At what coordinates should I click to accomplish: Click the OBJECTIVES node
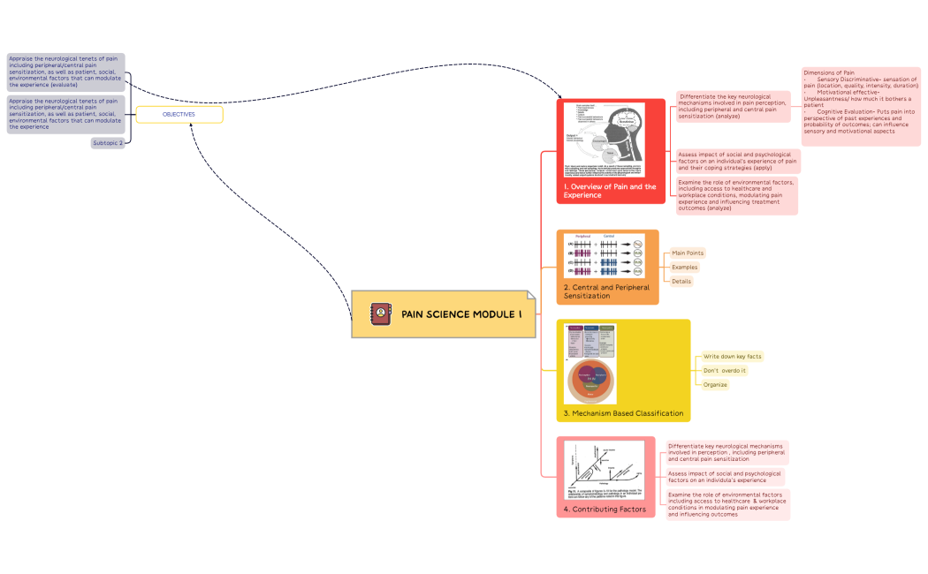[179, 115]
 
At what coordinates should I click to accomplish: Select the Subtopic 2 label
[108, 143]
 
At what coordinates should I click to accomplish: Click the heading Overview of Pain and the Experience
[610, 191]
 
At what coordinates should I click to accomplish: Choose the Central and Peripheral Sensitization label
[606, 291]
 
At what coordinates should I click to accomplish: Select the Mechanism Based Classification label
[623, 413]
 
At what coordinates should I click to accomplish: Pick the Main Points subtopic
[688, 253]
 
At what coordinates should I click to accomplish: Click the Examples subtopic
[684, 268]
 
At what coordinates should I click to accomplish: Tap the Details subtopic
[681, 282]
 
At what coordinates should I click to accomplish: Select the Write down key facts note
[732, 357]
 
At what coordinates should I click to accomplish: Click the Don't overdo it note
[725, 371]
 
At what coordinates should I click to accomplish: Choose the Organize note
[715, 385]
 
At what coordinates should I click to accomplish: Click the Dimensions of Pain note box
[861, 106]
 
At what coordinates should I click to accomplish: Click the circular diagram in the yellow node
[590, 380]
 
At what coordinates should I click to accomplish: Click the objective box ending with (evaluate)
[65, 72]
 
